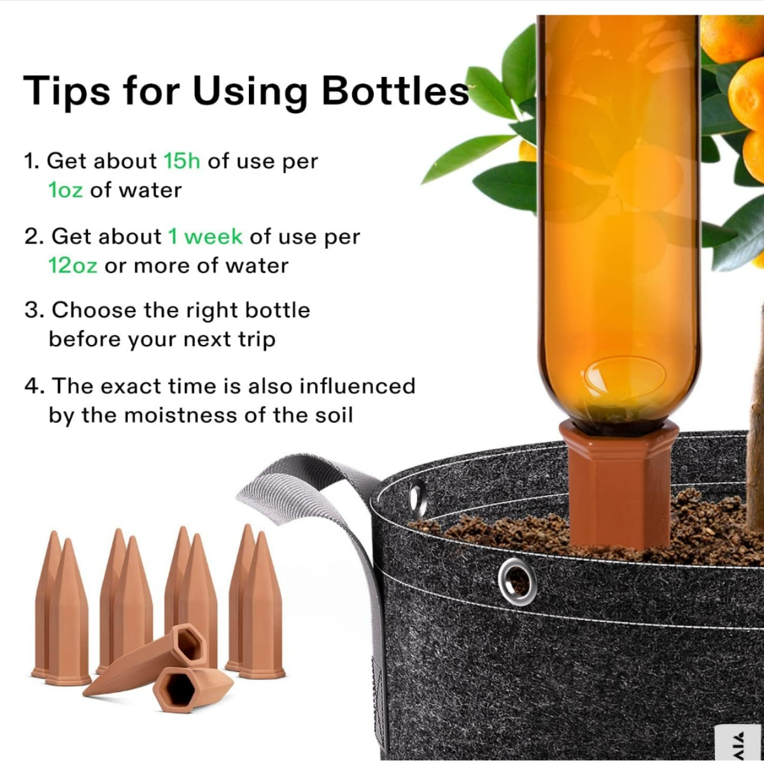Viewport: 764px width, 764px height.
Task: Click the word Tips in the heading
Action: click(x=67, y=90)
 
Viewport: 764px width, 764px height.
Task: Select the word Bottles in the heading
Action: click(x=395, y=90)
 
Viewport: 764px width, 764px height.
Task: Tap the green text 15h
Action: click(x=182, y=161)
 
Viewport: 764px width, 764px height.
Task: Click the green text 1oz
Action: click(x=66, y=190)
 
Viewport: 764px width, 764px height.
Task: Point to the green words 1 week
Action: click(x=206, y=237)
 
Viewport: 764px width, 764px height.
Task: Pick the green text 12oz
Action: click(x=73, y=265)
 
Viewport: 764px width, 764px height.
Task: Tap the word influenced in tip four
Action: click(x=357, y=386)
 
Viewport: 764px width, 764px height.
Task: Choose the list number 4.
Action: click(x=34, y=386)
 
